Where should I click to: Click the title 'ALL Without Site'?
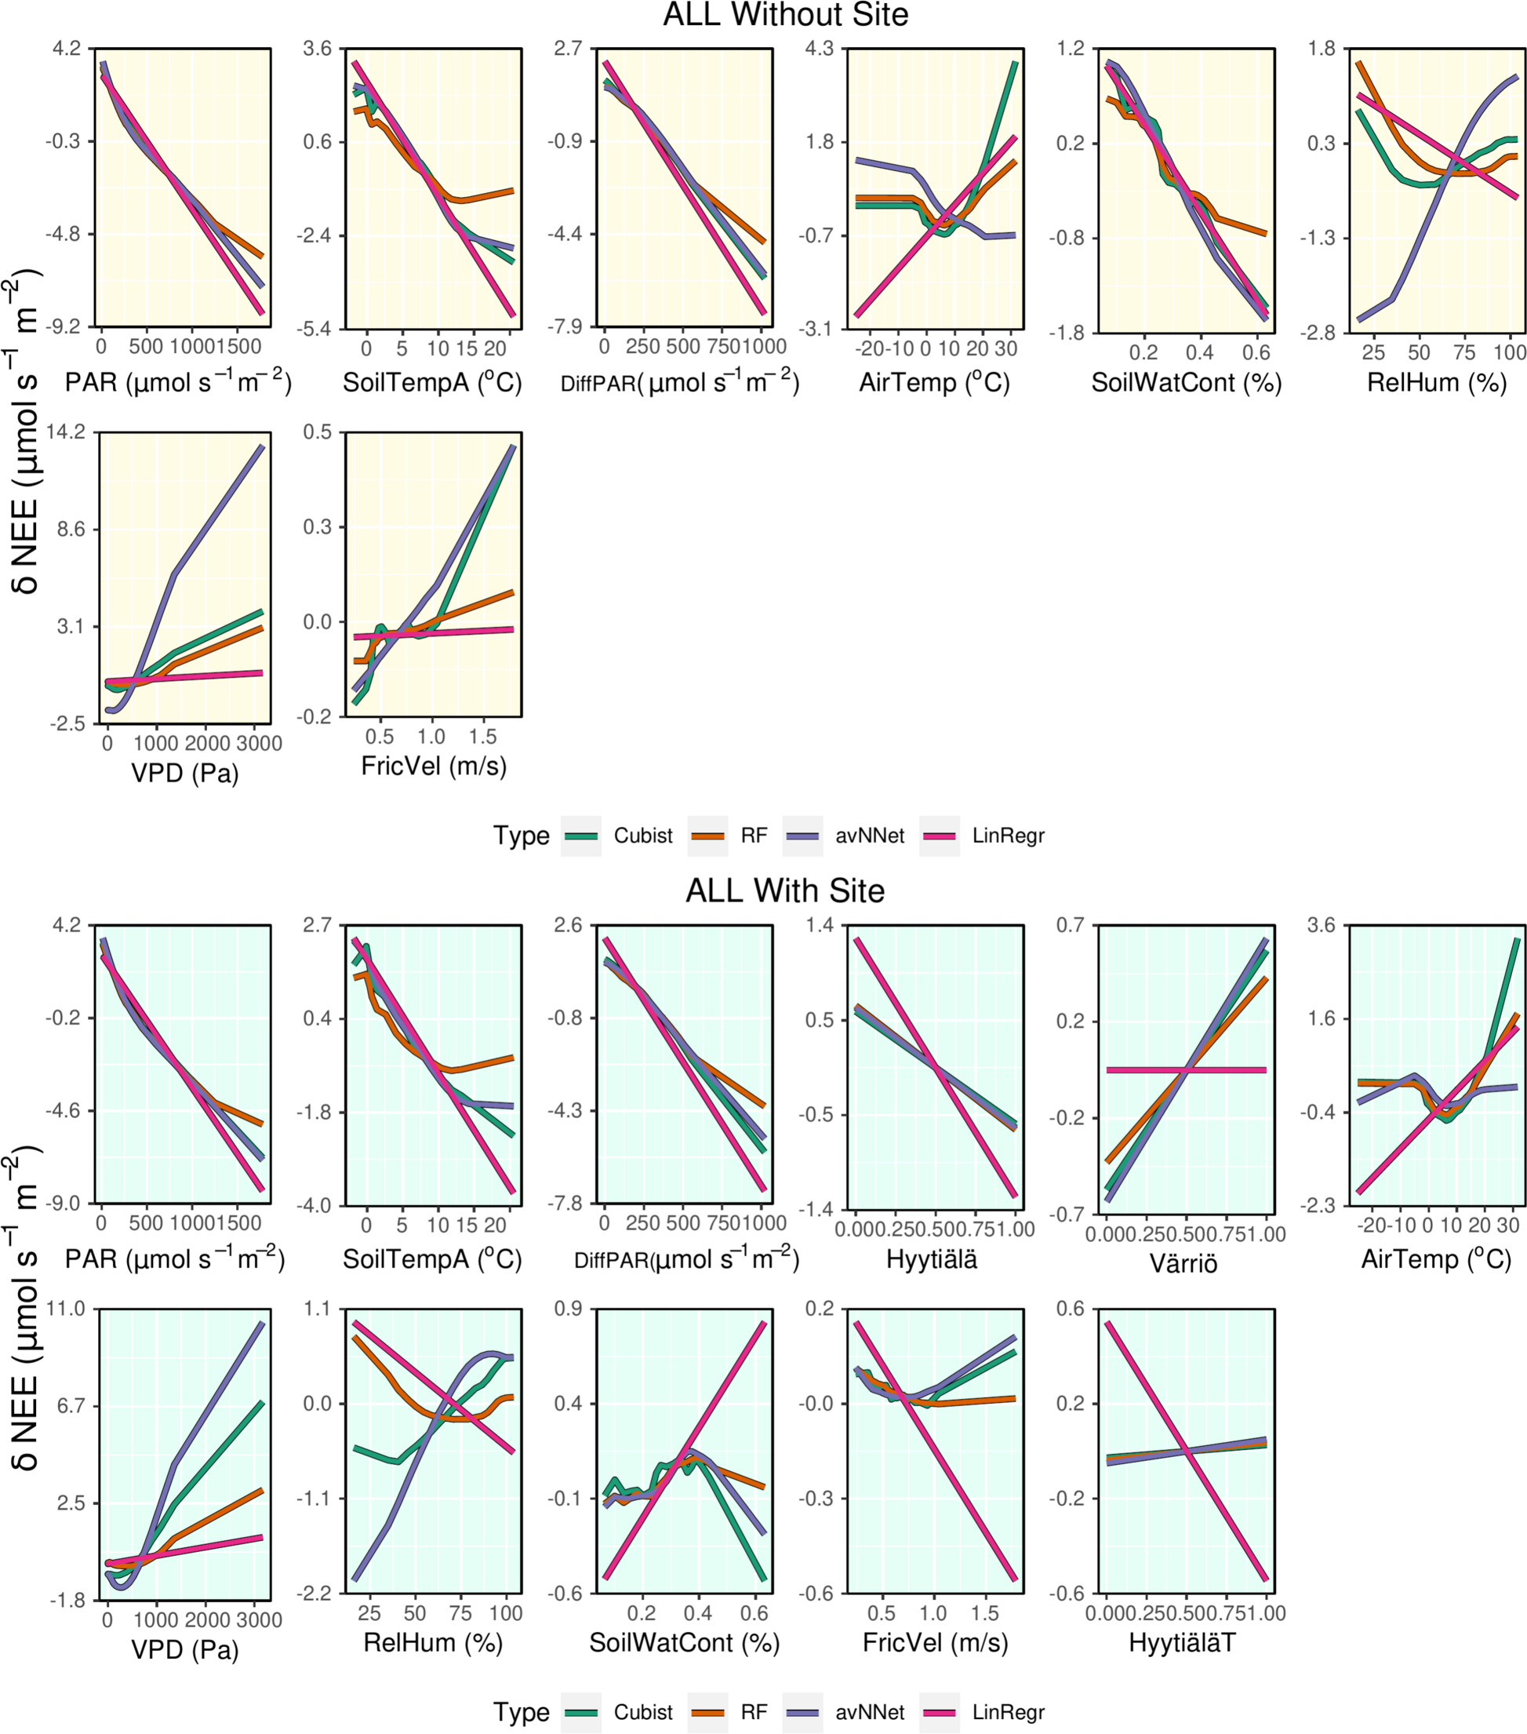[x=785, y=15]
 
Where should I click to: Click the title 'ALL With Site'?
[x=785, y=891]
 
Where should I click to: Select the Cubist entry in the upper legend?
[x=642, y=836]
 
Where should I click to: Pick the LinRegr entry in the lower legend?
[x=1008, y=1712]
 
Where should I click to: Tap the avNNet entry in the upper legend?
[x=869, y=836]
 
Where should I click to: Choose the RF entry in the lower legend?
[x=754, y=1712]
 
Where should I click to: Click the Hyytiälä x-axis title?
[x=932, y=1259]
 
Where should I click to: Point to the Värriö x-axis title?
[x=1183, y=1263]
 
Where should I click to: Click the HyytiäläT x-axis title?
[x=1183, y=1643]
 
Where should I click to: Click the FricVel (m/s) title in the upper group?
[x=433, y=766]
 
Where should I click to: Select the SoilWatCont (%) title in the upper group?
[x=1186, y=383]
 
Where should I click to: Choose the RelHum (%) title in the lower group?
[x=433, y=1643]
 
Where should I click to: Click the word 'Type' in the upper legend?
[x=522, y=836]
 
